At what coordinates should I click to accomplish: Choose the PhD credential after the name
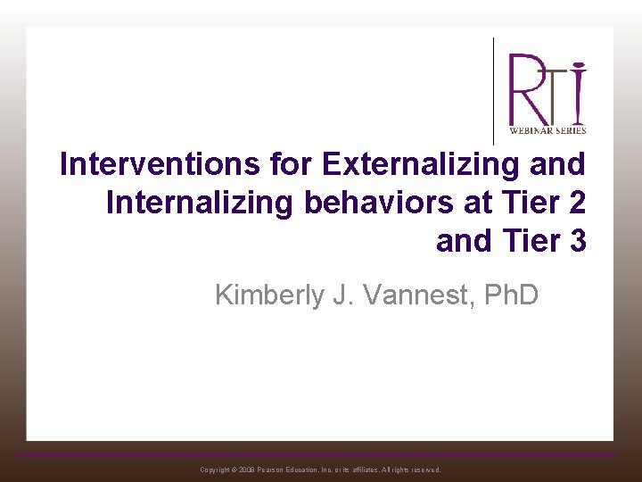510,295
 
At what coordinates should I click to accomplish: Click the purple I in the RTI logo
579,93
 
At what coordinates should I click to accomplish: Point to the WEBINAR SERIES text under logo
547,130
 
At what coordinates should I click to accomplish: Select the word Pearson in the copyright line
276,470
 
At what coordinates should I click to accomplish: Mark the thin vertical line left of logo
494,89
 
